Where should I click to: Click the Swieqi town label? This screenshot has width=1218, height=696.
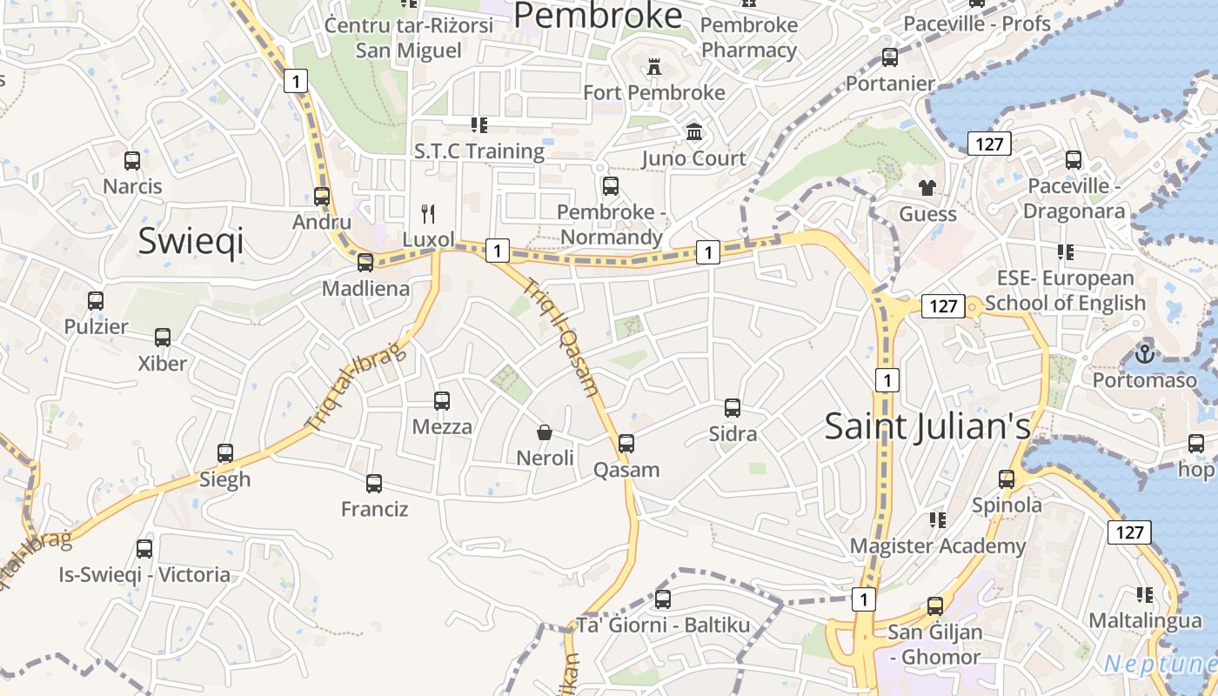pos(191,241)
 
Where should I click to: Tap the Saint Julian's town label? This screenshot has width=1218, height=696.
pos(927,426)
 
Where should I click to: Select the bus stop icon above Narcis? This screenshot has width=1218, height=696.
pos(132,161)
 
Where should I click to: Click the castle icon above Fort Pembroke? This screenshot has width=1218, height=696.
pos(654,67)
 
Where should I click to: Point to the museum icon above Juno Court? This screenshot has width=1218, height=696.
pos(694,132)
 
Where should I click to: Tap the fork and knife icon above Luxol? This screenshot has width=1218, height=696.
pos(428,214)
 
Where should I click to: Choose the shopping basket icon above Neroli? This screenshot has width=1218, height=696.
pos(545,432)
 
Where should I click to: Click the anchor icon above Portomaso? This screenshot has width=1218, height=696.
pos(1145,354)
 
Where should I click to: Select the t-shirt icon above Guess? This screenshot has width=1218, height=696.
pos(927,188)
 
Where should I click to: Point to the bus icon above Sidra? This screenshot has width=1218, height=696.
pos(733,408)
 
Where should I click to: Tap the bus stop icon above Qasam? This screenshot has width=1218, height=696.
pos(626,444)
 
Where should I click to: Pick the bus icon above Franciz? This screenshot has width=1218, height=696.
pos(374,484)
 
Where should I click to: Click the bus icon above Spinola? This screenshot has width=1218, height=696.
pos(1007,478)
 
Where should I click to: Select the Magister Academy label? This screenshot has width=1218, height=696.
pos(938,546)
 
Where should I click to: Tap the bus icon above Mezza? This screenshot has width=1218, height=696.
pos(442,401)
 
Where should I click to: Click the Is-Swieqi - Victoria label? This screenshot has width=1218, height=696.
pos(144,574)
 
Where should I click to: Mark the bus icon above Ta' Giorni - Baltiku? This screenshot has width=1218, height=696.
pos(663,599)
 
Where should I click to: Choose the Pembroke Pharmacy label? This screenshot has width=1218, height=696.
pos(749,37)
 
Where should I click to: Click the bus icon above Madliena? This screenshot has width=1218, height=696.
pos(365,262)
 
